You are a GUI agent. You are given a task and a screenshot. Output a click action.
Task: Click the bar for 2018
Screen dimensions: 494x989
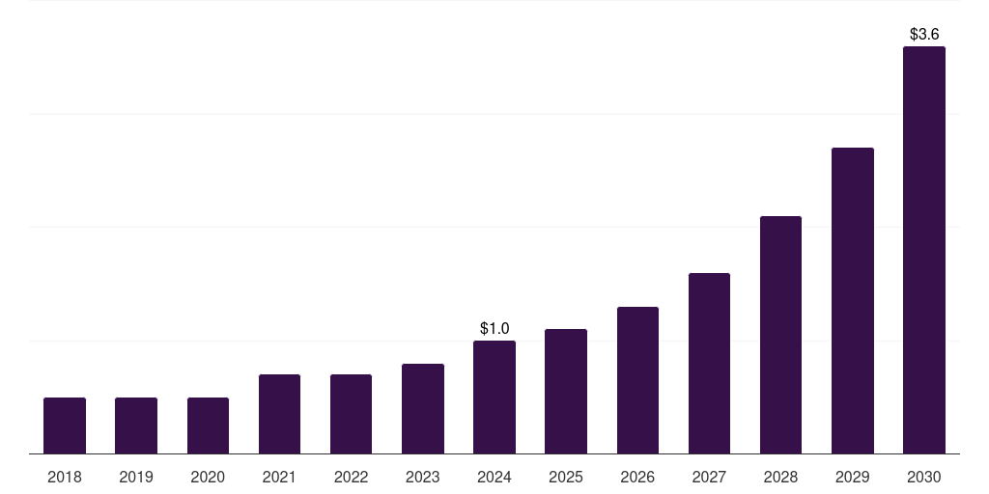pos(65,425)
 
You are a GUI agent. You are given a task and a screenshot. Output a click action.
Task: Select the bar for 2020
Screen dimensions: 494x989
pos(208,425)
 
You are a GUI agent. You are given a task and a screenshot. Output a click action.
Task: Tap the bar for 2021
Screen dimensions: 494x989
pos(279,414)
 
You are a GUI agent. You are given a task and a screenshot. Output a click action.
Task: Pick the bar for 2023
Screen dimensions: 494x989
pos(423,409)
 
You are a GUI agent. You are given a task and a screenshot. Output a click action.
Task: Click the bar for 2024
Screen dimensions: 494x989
pos(494,398)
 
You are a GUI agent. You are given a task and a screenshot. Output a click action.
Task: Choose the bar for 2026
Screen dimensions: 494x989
pos(637,380)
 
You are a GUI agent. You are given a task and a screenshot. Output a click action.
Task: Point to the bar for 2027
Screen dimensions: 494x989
pos(709,364)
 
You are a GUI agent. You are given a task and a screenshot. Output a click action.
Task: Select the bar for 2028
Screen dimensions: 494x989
pos(780,335)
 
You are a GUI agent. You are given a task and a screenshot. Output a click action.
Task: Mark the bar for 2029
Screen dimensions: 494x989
pos(853,301)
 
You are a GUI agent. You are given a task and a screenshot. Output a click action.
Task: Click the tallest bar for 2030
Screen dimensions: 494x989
pos(924,250)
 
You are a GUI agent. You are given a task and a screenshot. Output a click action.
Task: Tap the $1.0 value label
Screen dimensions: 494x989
pos(494,329)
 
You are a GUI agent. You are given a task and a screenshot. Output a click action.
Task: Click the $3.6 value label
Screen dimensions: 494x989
pos(924,35)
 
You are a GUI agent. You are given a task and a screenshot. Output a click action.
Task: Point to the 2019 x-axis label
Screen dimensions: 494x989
pos(136,477)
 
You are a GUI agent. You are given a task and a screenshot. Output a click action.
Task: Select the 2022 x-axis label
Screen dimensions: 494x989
pos(351,477)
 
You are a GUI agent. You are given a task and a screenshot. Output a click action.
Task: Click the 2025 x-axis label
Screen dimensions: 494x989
pos(566,477)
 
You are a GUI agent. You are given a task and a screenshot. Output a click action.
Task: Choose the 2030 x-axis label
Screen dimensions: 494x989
pos(924,477)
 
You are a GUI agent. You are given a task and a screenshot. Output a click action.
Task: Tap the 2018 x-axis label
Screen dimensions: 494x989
pos(65,477)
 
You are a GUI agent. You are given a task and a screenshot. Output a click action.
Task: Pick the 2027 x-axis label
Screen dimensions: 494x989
pos(709,477)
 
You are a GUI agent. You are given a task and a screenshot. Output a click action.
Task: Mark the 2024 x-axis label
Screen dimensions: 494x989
pos(494,477)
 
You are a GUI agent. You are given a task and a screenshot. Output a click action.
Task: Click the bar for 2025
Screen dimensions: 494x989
pos(566,392)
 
